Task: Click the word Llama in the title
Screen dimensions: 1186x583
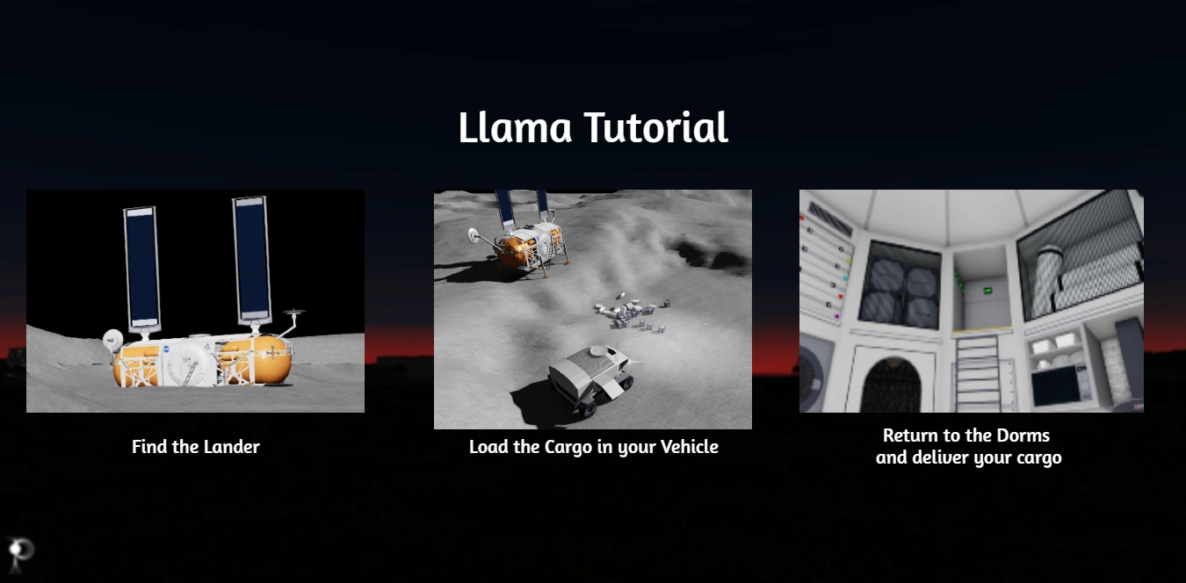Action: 515,127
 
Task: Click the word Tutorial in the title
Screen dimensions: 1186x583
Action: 656,127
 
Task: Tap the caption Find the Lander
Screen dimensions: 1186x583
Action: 195,447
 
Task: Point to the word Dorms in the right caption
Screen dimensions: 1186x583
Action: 1023,435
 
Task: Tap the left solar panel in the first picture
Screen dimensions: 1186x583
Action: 142,268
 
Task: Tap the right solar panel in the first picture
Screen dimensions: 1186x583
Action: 252,260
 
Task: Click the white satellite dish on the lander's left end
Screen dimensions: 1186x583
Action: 112,340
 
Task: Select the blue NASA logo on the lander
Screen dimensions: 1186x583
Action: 166,349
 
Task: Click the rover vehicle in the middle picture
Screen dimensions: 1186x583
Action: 589,377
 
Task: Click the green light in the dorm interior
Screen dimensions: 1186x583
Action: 987,291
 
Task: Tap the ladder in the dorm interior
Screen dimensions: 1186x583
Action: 978,373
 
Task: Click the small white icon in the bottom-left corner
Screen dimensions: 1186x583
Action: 19,553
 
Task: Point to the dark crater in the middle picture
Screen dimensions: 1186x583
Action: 710,256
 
